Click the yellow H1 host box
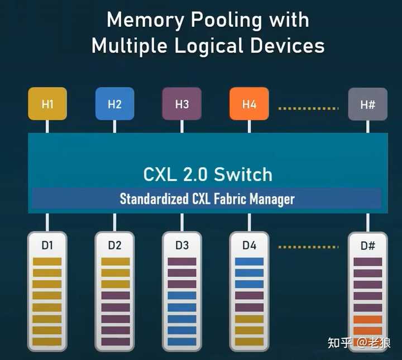point(47,103)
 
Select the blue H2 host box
point(114,103)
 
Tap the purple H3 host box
point(182,103)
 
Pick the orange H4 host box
point(249,103)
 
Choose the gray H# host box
point(367,104)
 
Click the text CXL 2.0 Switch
point(208,175)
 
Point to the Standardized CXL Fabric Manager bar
point(207,199)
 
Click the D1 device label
point(47,246)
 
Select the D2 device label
point(114,246)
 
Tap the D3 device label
point(182,246)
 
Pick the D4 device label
point(249,246)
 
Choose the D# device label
point(367,246)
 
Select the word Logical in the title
point(209,46)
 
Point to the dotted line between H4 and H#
point(308,109)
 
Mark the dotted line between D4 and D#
point(308,247)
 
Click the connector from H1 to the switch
point(47,126)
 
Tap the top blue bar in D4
point(249,261)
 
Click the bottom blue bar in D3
point(182,342)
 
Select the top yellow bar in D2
point(116,261)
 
